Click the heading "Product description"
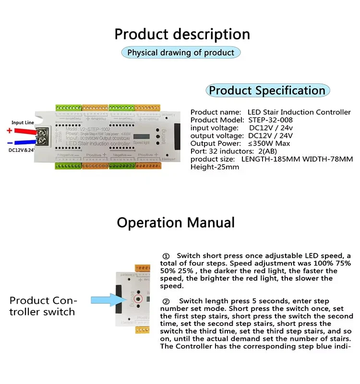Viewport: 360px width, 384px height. coord(182,35)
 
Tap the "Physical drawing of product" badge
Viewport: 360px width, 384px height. coord(180,52)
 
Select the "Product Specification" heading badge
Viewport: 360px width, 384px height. coord(267,90)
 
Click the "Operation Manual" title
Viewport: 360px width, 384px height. coord(176,223)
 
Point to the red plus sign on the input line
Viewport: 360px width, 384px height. coord(9,131)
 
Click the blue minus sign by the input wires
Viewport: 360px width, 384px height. coord(9,143)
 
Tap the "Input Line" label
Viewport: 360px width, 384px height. coord(23,123)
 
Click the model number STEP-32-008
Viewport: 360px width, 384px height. coord(271,120)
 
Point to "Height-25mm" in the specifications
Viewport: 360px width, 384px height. coord(215,167)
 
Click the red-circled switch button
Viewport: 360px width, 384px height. coord(139,299)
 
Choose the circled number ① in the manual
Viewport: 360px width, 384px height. coord(166,256)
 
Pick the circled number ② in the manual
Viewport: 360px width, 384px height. coord(166,301)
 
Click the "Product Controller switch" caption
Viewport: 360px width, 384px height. coord(43,306)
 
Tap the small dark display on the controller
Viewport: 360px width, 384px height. coord(142,135)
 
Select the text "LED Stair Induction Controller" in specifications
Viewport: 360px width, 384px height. coord(299,112)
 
